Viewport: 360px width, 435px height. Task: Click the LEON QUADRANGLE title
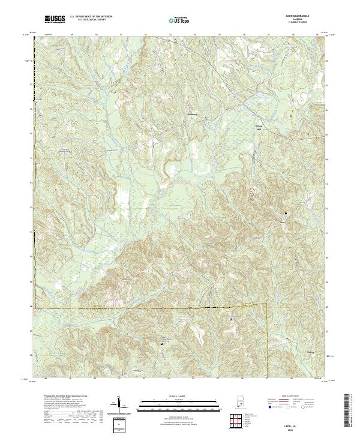301,17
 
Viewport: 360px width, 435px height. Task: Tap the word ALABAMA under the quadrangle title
301,20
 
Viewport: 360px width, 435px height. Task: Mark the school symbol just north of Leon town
286,214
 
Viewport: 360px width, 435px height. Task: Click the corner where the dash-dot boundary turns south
265,305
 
